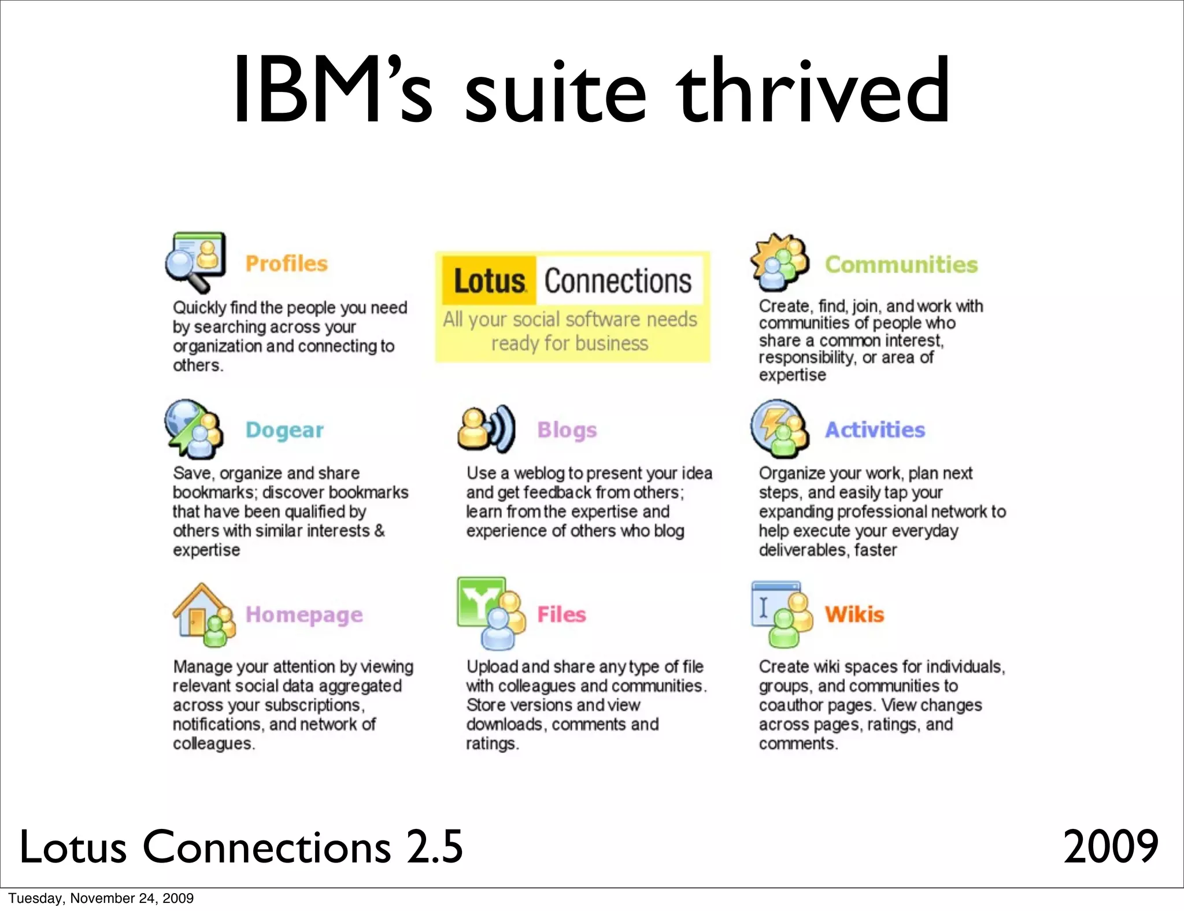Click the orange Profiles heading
(x=286, y=264)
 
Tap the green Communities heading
(x=901, y=265)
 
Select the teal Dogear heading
(x=284, y=430)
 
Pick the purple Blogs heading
(x=567, y=430)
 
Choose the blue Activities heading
(x=875, y=430)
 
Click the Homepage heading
(x=304, y=614)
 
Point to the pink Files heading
(x=561, y=614)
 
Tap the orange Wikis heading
(x=854, y=614)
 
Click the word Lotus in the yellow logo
(x=489, y=281)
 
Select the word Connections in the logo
(x=617, y=281)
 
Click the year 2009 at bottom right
(x=1111, y=846)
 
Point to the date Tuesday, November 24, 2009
(x=101, y=898)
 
